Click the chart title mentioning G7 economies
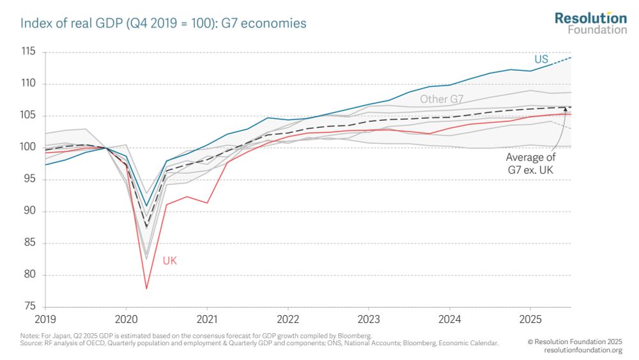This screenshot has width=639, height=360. click(164, 24)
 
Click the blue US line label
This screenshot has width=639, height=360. click(541, 59)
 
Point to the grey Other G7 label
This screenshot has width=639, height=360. click(441, 99)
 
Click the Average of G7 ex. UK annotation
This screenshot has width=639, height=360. click(531, 163)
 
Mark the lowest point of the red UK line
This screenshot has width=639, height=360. click(146, 288)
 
